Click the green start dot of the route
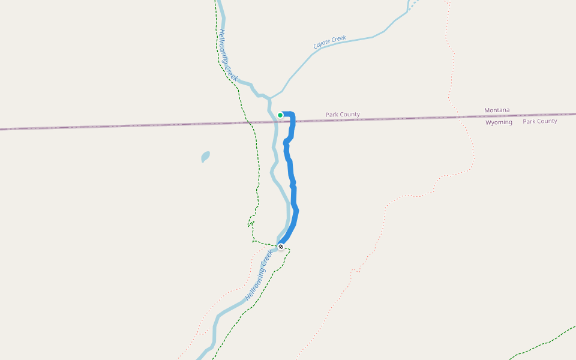click(280, 115)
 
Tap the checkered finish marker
click(281, 246)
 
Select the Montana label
click(497, 110)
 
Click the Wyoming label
click(499, 122)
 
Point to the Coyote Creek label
click(330, 43)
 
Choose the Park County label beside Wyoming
click(539, 121)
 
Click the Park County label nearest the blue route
click(343, 114)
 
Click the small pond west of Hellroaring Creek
click(205, 157)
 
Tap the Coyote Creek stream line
click(360, 40)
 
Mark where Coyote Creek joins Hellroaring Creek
click(269, 98)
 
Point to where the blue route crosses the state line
click(293, 122)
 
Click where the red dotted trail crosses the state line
click(466, 116)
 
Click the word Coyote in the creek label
click(322, 45)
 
